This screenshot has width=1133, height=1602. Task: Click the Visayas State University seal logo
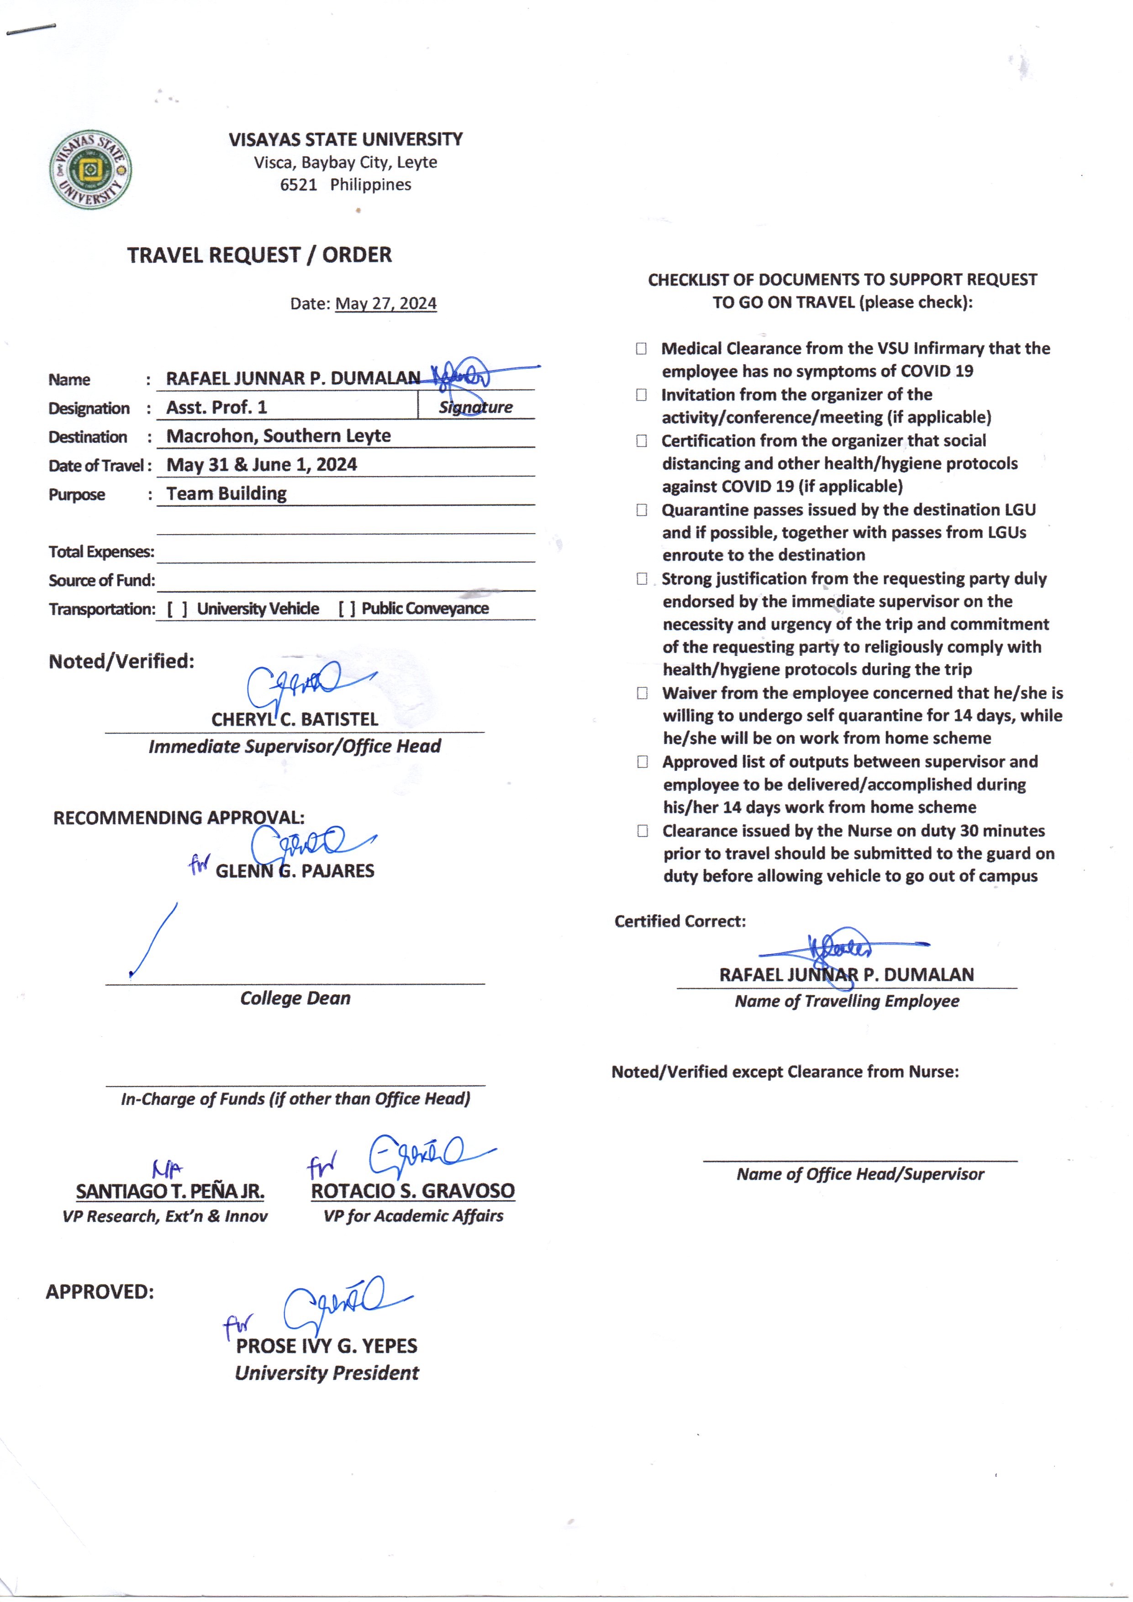click(91, 170)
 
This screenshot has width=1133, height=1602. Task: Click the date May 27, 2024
click(386, 304)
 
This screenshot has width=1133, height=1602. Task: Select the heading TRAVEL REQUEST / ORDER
click(259, 255)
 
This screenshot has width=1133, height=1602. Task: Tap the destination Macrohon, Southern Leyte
click(279, 435)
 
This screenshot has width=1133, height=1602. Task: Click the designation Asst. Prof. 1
click(216, 407)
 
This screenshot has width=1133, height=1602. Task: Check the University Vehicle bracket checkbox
click(177, 609)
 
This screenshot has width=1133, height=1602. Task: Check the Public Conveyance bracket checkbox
click(347, 609)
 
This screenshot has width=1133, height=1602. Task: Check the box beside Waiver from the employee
click(642, 693)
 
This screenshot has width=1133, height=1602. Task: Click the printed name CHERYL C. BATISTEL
click(295, 719)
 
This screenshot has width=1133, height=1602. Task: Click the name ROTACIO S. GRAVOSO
click(413, 1191)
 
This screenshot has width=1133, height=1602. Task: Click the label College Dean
click(295, 998)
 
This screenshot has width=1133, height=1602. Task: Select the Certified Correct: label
click(680, 922)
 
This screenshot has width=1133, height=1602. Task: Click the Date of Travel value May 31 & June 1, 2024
click(262, 465)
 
